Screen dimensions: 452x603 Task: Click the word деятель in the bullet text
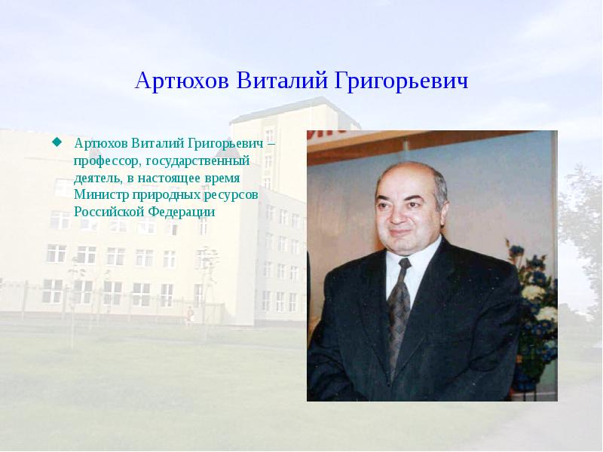tap(96, 178)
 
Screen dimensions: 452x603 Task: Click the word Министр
tap(101, 195)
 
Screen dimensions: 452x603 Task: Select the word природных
tap(167, 195)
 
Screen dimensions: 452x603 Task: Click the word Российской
tap(110, 212)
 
